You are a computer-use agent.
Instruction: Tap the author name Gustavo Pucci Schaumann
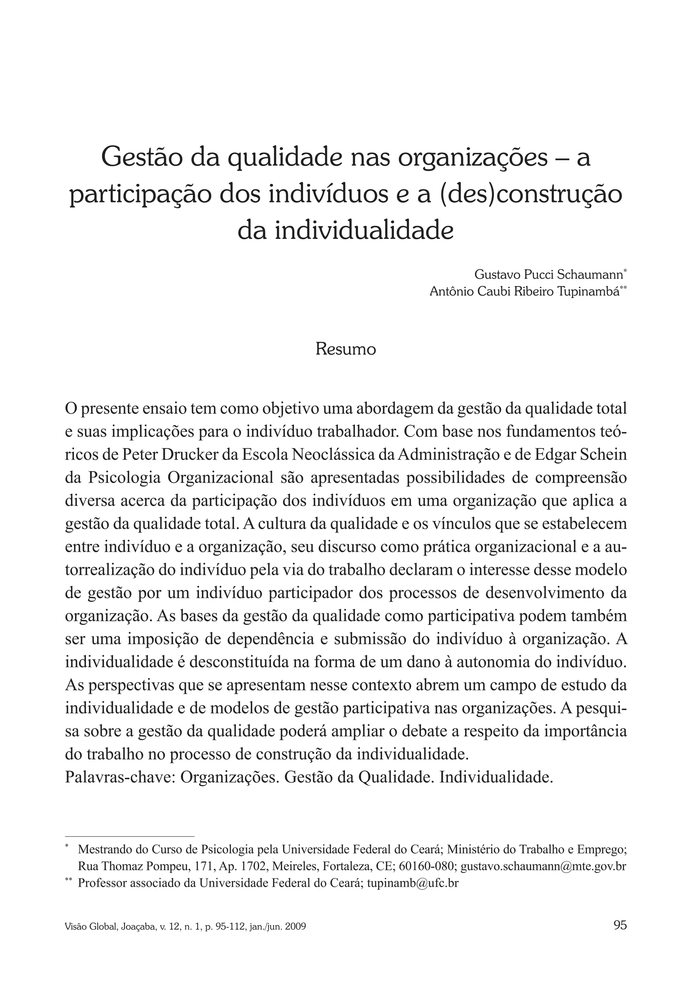(548, 274)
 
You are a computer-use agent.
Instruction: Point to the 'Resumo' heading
(345, 349)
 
